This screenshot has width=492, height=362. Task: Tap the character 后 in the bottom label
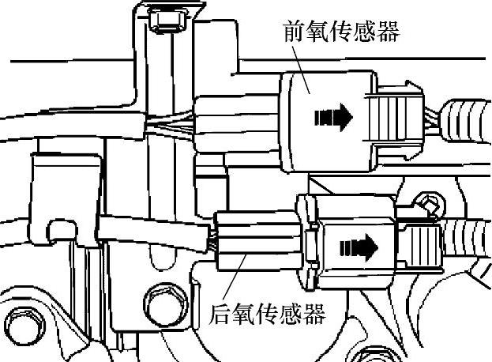pos(222,315)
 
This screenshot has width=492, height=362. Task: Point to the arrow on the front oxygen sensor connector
pos(333,119)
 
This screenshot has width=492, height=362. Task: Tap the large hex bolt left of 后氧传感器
pos(162,302)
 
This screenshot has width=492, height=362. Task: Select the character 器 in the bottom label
pos(314,315)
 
